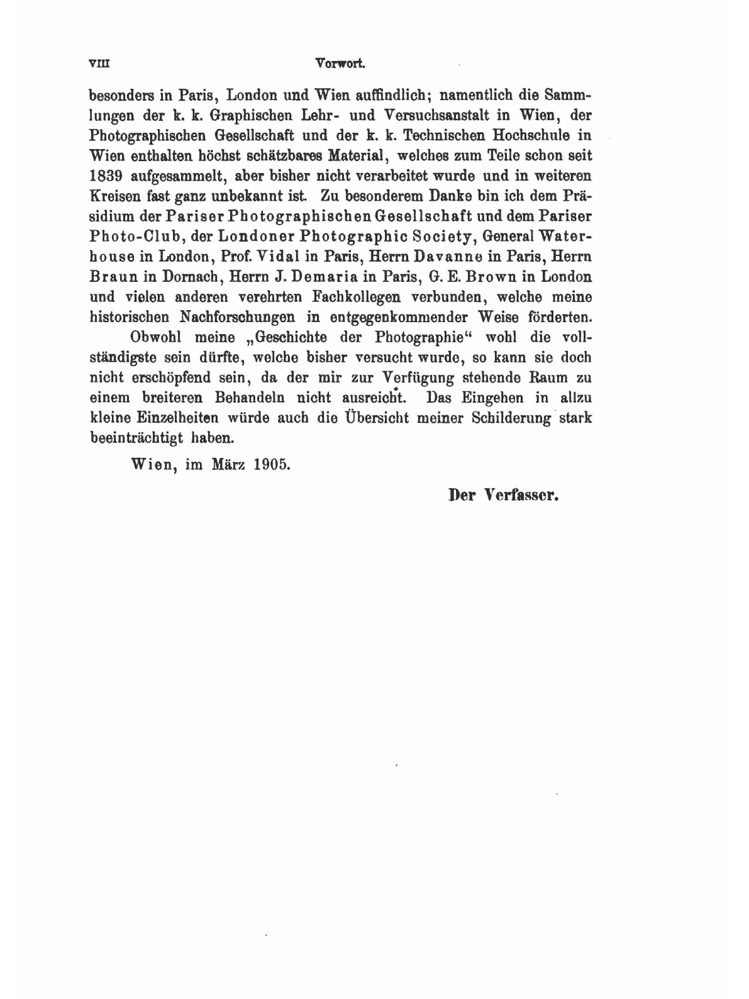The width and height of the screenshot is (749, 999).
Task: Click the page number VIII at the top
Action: click(x=100, y=64)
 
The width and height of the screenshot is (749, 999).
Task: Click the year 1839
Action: click(x=105, y=176)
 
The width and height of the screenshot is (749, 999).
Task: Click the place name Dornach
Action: click(x=188, y=276)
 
